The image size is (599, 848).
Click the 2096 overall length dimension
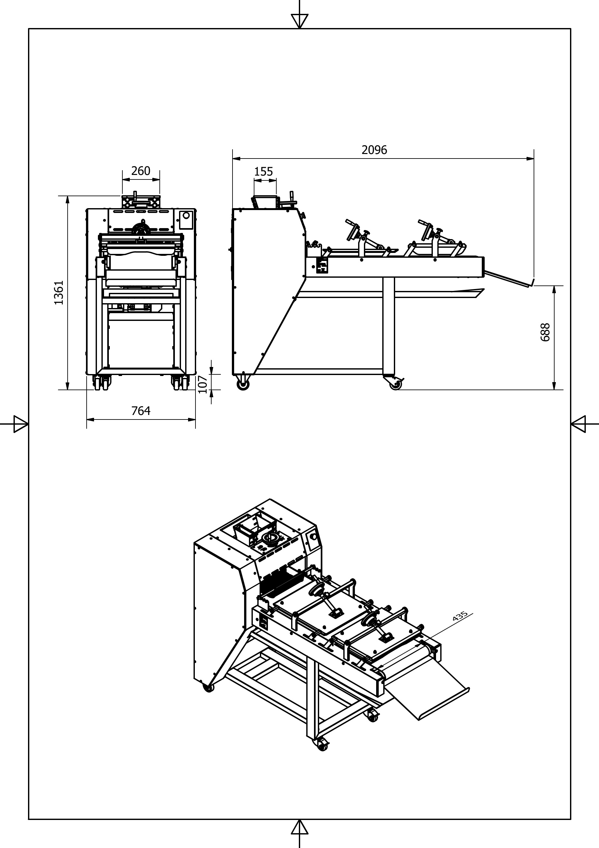pyautogui.click(x=374, y=150)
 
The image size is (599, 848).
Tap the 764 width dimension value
pyautogui.click(x=141, y=411)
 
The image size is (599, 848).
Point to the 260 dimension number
pyautogui.click(x=141, y=171)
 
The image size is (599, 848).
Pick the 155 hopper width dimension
pyautogui.click(x=263, y=172)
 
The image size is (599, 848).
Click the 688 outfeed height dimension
pyautogui.click(x=545, y=332)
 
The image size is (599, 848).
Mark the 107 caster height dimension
pyautogui.click(x=202, y=384)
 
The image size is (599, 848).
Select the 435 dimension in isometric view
pyautogui.click(x=460, y=616)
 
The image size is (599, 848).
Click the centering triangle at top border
pyautogui.click(x=299, y=20)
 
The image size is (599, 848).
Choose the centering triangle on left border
pyautogui.click(x=20, y=424)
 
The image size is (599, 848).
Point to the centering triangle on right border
pyautogui.click(x=578, y=424)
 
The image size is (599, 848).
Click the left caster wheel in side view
pyautogui.click(x=243, y=384)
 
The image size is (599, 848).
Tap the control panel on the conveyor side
pyautogui.click(x=322, y=265)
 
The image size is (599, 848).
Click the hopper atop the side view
pyautogui.click(x=264, y=202)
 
